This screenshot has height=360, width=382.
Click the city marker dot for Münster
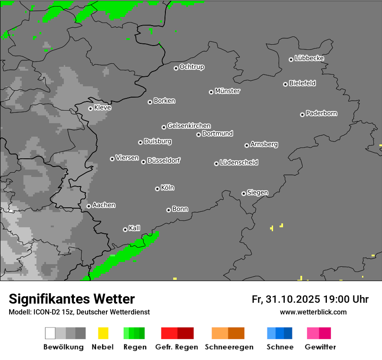click(x=211, y=92)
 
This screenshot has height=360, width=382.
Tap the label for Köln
click(x=168, y=188)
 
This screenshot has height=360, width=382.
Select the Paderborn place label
click(x=321, y=113)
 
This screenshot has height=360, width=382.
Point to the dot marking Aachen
click(x=89, y=206)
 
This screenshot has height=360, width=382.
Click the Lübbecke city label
click(x=309, y=58)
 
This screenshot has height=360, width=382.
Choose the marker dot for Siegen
click(x=244, y=193)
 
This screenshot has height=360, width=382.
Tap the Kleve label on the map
click(x=102, y=108)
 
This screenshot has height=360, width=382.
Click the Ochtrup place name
click(x=192, y=67)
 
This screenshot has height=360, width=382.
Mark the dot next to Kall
click(x=125, y=229)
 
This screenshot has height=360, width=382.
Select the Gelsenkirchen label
click(x=189, y=126)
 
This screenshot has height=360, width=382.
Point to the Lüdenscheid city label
click(x=239, y=163)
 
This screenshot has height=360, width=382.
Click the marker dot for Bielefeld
click(x=285, y=84)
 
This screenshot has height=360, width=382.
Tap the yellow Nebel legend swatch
click(x=103, y=333)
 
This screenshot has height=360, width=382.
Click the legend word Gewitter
click(x=320, y=347)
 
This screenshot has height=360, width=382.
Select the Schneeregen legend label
click(x=229, y=347)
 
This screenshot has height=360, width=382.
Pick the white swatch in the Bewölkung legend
click(x=50, y=333)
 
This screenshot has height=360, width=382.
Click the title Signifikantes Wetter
click(x=72, y=299)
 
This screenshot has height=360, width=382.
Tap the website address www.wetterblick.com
click(x=313, y=312)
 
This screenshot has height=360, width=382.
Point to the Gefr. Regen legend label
click(x=177, y=347)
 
